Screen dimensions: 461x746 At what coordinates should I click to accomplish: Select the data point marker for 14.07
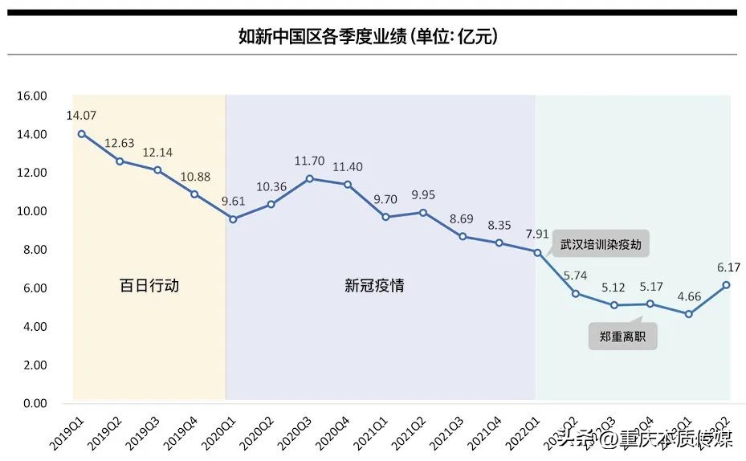click(82, 133)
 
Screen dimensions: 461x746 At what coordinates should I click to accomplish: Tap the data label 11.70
click(309, 161)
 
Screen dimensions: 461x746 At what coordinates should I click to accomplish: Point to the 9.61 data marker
click(233, 219)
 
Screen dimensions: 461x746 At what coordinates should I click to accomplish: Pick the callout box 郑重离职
click(622, 337)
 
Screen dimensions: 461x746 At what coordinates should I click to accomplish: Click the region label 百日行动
click(149, 285)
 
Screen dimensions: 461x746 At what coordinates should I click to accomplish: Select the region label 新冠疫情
click(374, 285)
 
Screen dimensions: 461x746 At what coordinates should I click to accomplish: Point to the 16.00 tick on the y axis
click(32, 96)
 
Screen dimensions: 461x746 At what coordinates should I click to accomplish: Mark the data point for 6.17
click(726, 284)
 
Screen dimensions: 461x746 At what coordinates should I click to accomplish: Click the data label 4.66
click(689, 296)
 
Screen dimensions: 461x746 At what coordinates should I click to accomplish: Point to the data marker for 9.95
click(423, 213)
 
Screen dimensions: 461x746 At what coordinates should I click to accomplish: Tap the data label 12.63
click(120, 144)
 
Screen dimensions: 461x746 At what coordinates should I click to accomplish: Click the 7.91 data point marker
click(536, 251)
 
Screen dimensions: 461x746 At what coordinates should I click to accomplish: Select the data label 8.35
click(499, 226)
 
